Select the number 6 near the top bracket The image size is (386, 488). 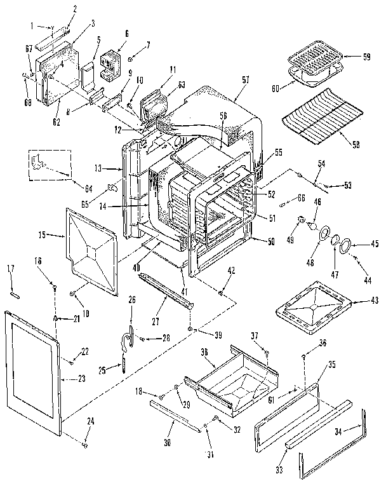click(x=127, y=33)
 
